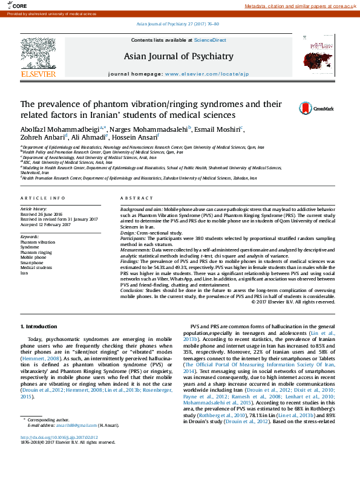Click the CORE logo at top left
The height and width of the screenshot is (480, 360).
16,5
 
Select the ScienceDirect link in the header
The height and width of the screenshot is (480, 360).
210,40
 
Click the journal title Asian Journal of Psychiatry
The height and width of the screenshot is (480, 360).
178,56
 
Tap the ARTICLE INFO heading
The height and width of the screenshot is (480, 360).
43,198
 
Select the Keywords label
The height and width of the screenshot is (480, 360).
30,236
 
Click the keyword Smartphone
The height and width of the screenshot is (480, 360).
32,263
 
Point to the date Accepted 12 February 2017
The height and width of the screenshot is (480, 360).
45,224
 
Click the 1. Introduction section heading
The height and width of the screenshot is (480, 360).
39,326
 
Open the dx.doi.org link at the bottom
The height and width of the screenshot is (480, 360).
59,437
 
